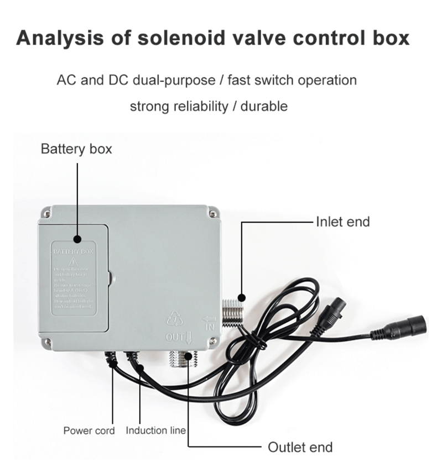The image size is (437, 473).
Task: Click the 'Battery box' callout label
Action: coord(76,149)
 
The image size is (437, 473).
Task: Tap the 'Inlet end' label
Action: coord(342,222)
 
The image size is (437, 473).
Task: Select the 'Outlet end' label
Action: coord(300,447)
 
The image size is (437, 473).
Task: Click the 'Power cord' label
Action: coord(89,430)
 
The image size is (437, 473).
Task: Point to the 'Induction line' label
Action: coord(155,430)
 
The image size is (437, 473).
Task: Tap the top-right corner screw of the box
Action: coord(212,211)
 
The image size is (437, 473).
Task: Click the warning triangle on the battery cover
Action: coord(72,261)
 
